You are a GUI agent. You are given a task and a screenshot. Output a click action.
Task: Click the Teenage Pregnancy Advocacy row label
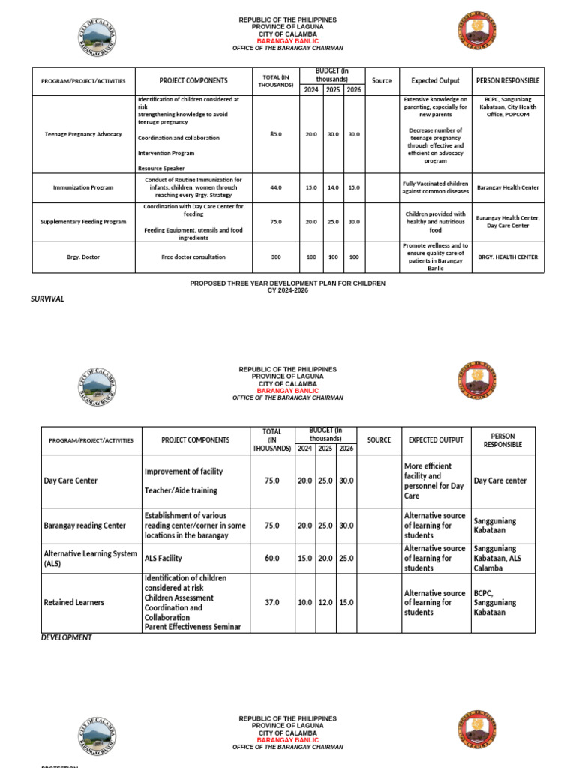82,134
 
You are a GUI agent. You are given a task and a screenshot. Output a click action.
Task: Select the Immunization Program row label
83,187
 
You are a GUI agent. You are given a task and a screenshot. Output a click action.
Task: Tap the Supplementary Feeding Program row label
83,222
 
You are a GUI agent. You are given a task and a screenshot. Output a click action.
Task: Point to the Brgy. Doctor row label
83,256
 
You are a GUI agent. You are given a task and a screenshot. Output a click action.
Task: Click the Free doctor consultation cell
193,256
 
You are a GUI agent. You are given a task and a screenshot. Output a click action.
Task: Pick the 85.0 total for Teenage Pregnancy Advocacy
275,134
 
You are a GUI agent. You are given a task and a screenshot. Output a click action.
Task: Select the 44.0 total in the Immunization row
275,187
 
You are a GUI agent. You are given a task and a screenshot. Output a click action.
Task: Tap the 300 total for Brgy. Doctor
275,256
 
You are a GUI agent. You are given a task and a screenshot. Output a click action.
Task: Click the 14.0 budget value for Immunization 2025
333,187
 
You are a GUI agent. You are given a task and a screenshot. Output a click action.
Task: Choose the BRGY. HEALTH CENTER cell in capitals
507,256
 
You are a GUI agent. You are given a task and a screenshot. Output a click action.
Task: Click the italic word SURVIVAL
47,298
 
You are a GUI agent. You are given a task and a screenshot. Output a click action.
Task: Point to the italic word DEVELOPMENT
67,637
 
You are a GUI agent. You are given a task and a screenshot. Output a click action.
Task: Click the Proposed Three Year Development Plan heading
287,283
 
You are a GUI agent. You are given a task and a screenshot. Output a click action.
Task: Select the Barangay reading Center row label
85,526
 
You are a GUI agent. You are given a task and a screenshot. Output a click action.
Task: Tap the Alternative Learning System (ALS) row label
90,558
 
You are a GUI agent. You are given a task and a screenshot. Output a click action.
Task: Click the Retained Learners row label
73,602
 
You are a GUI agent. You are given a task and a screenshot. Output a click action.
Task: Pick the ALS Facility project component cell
163,559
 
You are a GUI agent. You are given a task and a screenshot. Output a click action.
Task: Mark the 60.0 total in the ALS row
271,559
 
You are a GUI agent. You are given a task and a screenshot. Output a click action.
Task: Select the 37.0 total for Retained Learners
271,602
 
